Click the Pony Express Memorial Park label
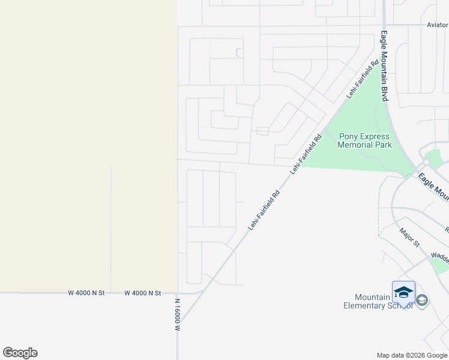pos(364,140)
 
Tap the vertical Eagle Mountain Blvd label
pos(385,67)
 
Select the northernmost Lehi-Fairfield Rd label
pos(363,79)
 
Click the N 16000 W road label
pos(178,313)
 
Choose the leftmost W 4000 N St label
pos(86,293)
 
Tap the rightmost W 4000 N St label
pos(143,293)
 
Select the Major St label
pos(409,237)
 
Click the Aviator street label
pos(437,25)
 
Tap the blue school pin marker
pos(403,293)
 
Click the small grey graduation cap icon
pos(422,300)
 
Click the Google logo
pos(20,353)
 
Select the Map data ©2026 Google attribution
pos(412,355)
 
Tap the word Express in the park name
pos(377,136)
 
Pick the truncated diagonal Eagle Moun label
pos(433,187)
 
